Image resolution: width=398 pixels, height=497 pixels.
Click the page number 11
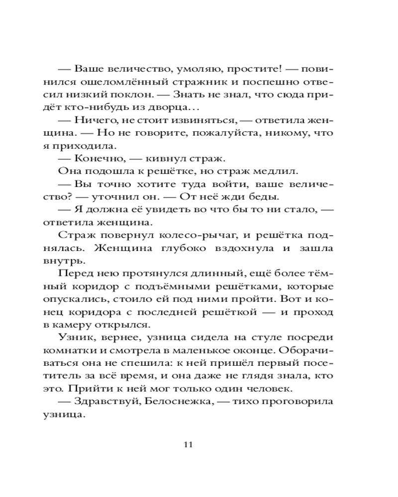point(188,444)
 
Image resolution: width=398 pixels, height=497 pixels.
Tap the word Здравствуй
point(104,401)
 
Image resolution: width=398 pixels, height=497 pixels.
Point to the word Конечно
point(95,158)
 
